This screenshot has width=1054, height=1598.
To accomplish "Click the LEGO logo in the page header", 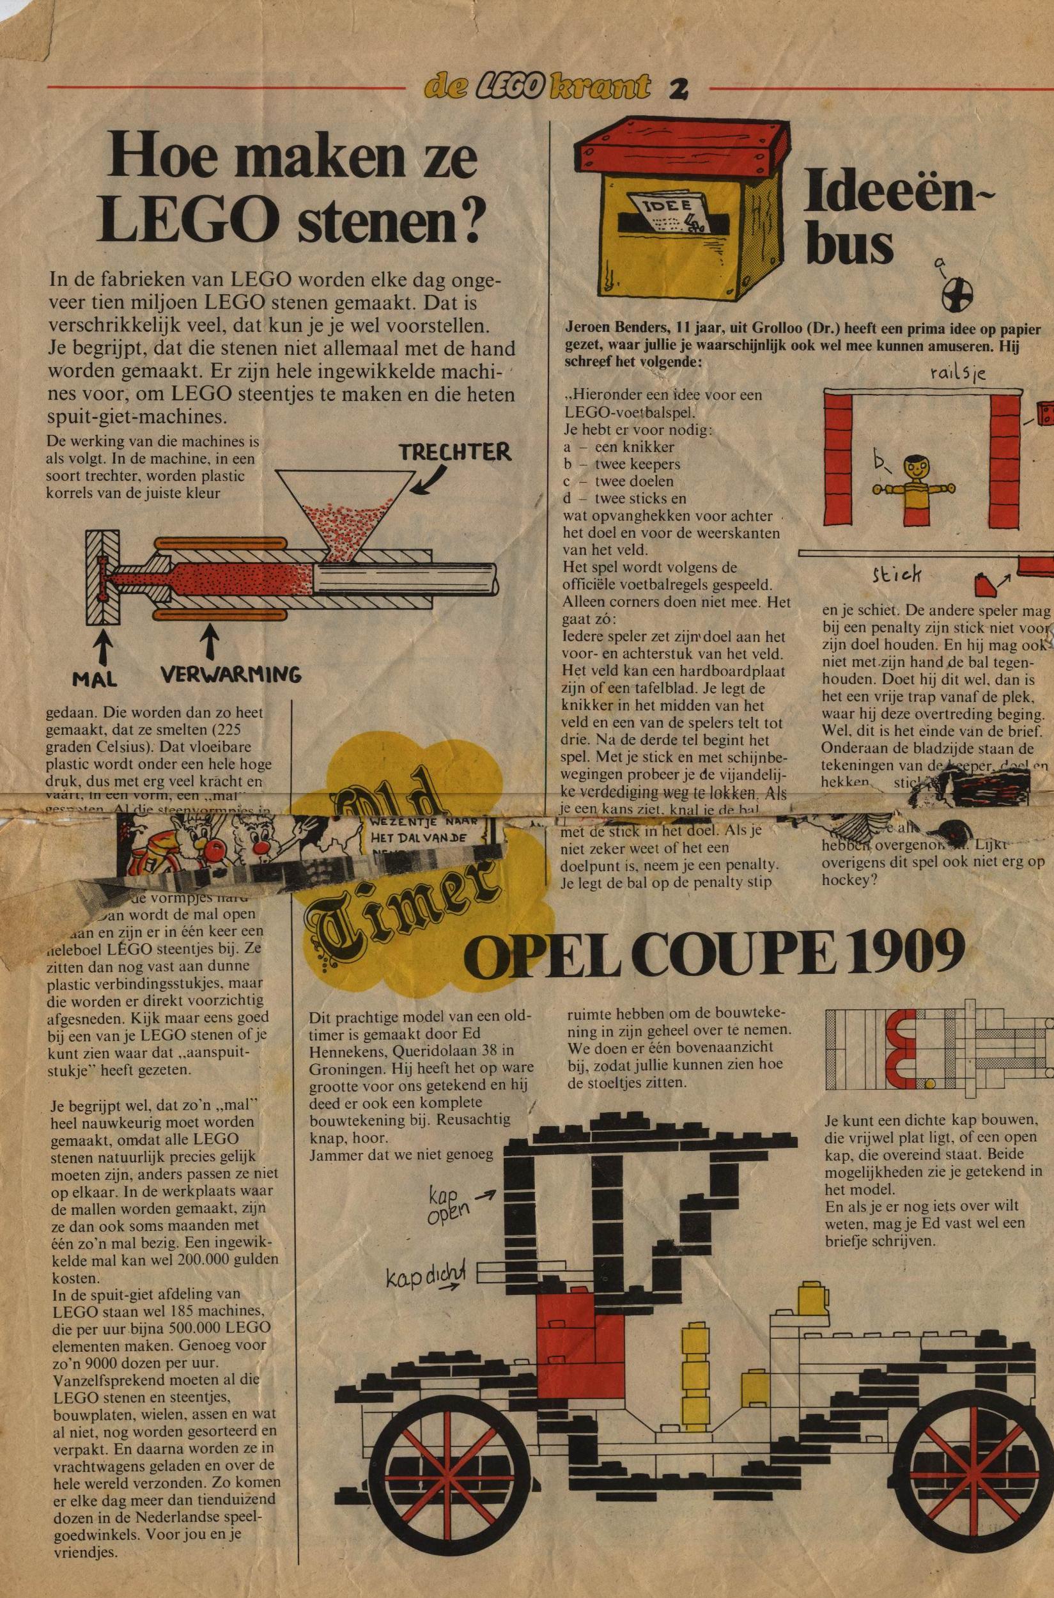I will [509, 86].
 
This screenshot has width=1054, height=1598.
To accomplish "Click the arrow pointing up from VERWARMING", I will [211, 639].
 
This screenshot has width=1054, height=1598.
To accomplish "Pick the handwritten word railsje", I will [958, 375].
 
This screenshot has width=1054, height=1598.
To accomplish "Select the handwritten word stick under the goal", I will [896, 574].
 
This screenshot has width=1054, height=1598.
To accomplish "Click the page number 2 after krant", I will [678, 88].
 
